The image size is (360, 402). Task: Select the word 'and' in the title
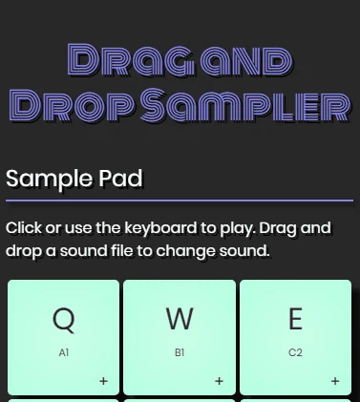243,60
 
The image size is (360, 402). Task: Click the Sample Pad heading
74,179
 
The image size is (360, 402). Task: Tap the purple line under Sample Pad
180,201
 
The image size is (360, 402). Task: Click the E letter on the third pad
295,319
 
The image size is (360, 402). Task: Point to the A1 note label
64,353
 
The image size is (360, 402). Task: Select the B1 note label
180,353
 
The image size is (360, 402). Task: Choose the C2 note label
295,353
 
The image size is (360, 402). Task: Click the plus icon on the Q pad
103,381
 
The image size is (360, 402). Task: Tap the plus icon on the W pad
219,381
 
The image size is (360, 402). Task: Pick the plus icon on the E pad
335,381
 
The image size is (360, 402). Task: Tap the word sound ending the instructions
244,252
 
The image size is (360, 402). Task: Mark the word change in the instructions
190,252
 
